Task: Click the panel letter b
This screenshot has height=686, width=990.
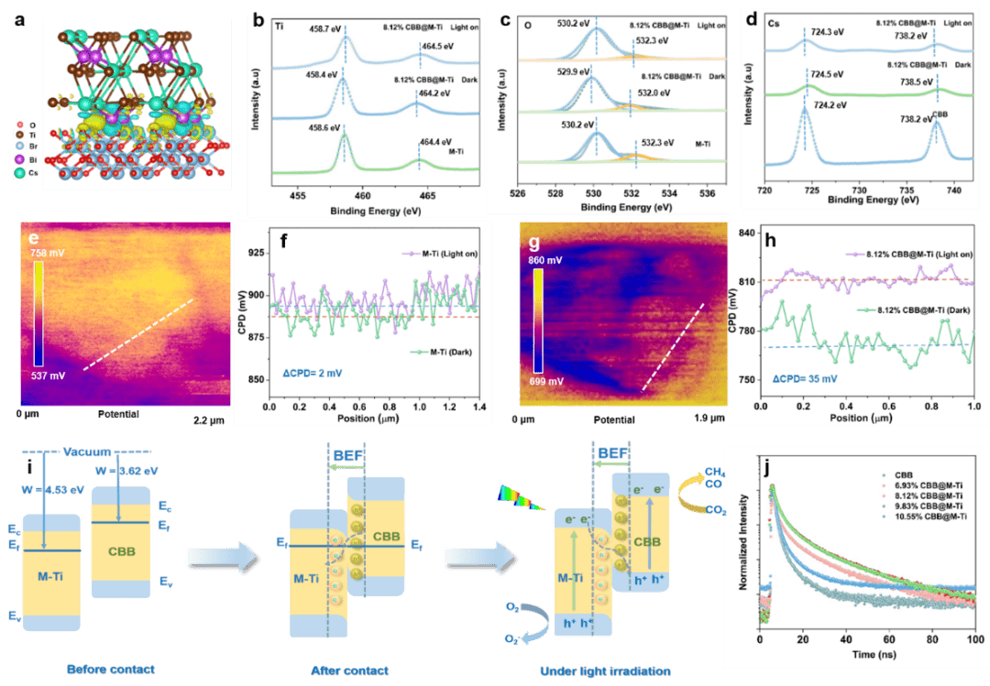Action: point(258,17)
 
